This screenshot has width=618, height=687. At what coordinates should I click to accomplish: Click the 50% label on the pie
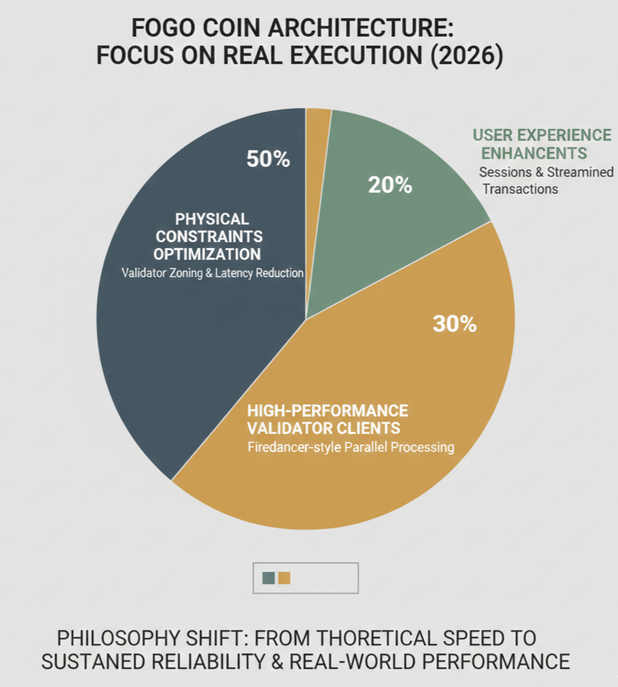point(268,159)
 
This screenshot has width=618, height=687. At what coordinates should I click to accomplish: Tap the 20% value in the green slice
point(390,185)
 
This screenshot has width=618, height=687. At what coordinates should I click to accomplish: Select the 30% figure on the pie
point(454,324)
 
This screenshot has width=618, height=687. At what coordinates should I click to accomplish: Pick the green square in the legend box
point(269,577)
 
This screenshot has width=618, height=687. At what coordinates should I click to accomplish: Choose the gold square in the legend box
point(285,577)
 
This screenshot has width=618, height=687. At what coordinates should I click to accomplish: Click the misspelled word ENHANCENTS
point(534,153)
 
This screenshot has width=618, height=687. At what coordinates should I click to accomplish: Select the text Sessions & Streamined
point(546,172)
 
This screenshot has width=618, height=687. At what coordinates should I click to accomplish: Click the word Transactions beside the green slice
point(520,189)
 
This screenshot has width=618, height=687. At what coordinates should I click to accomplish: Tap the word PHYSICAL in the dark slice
point(212,218)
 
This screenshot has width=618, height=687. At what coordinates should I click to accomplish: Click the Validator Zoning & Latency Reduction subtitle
point(212,273)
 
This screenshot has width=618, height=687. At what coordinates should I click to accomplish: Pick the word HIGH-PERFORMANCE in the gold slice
point(327,411)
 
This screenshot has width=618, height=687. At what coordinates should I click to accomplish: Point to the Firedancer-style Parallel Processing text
point(350,447)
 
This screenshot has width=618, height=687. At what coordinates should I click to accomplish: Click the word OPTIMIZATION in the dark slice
point(207,254)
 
